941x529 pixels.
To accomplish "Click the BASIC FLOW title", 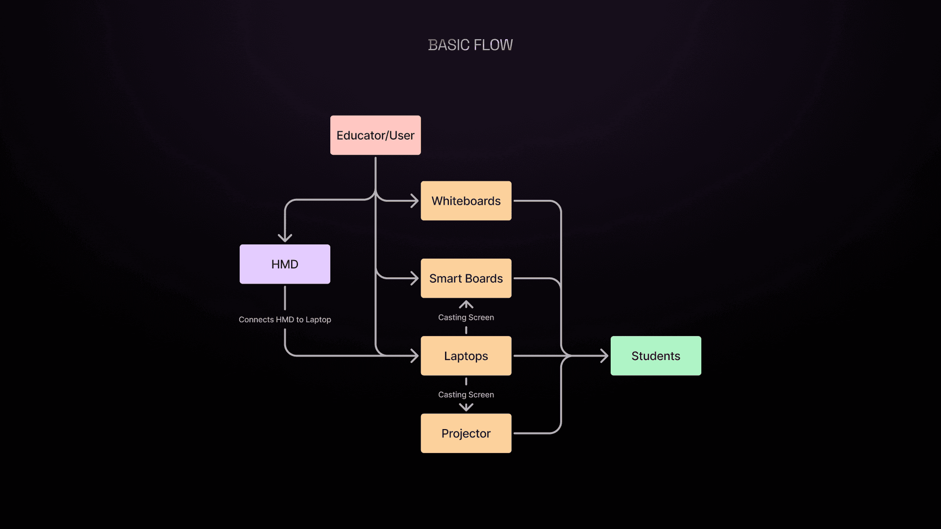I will coord(470,45).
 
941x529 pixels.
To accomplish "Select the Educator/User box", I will coord(375,135).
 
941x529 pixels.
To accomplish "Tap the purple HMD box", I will coord(285,264).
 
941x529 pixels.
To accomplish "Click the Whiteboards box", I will coord(466,201).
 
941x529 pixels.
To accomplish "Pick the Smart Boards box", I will coord(466,278).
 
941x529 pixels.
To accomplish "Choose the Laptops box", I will coord(466,356).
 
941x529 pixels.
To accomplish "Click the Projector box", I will coord(466,433).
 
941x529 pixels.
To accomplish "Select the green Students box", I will coord(656,356).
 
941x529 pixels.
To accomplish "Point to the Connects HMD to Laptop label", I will coord(285,319).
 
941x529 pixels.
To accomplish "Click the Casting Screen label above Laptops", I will coord(466,317).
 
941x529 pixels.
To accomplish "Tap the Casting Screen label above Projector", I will coord(466,395).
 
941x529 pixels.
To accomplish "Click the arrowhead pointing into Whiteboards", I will coord(415,201).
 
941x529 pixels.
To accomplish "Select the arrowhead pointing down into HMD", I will coord(285,238).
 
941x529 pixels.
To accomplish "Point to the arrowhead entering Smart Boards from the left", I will coord(415,278).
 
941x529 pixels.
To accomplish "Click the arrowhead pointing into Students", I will coord(604,356).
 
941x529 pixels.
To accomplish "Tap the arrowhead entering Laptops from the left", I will coord(415,356).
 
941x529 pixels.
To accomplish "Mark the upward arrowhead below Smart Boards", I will coord(466,305).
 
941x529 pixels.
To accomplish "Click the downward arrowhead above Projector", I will coord(466,407).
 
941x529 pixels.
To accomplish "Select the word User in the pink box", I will coord(402,135).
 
